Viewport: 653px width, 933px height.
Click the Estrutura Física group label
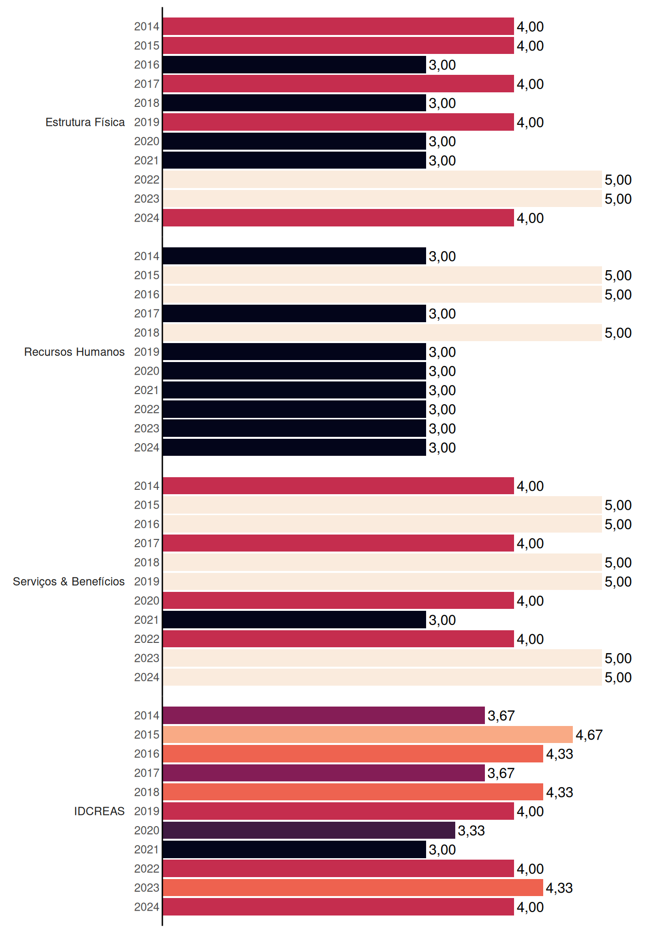(85, 122)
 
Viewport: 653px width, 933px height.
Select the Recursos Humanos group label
(74, 352)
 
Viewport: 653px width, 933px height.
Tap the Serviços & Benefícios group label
(69, 582)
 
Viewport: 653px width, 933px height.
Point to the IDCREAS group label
(99, 811)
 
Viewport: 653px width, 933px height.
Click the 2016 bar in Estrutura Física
(294, 65)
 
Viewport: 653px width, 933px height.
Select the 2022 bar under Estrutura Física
(382, 179)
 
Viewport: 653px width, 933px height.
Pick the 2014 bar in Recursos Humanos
(294, 256)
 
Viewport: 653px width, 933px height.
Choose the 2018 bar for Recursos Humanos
(382, 333)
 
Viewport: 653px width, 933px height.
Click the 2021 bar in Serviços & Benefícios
(294, 620)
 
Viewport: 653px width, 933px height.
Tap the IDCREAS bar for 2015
(368, 735)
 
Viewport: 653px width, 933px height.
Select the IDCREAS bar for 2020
(309, 830)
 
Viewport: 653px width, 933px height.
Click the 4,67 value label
(589, 735)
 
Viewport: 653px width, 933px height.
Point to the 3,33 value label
(471, 830)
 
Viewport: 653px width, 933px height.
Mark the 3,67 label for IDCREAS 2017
(501, 773)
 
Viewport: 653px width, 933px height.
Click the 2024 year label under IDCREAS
(147, 907)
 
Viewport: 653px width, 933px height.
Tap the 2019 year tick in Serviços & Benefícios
(147, 582)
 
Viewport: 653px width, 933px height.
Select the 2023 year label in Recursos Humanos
(147, 429)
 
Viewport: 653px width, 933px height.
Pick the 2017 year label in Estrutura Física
(147, 84)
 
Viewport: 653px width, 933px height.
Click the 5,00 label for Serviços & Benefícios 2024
(618, 677)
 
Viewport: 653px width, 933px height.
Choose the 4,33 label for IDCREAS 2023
(559, 888)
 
